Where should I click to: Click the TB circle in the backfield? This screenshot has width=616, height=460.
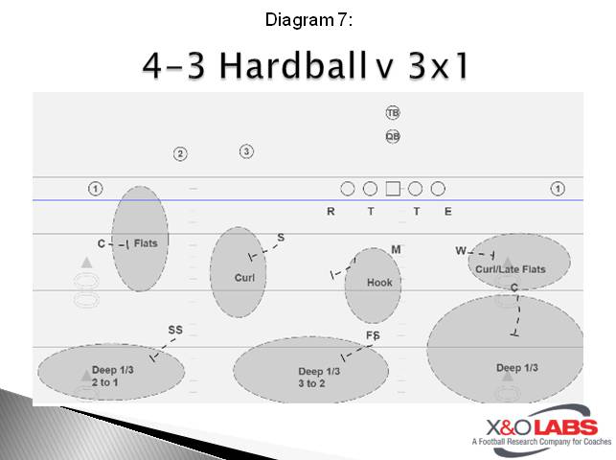pyautogui.click(x=393, y=113)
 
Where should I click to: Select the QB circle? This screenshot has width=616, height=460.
pyautogui.click(x=393, y=136)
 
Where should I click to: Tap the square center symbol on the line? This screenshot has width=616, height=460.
pyautogui.click(x=393, y=189)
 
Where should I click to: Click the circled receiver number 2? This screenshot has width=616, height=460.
pyautogui.click(x=180, y=154)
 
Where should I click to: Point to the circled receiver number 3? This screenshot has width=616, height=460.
pyautogui.click(x=246, y=151)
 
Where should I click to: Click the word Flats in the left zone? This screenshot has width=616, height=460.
pyautogui.click(x=146, y=243)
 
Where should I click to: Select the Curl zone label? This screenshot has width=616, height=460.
pyautogui.click(x=244, y=278)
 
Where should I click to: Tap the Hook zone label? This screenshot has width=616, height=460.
pyautogui.click(x=379, y=283)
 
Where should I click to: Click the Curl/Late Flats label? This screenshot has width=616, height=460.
pyautogui.click(x=510, y=269)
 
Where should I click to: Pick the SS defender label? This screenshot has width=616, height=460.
pyautogui.click(x=175, y=330)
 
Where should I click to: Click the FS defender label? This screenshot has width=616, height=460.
pyautogui.click(x=373, y=335)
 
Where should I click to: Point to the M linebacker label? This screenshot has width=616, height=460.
pyautogui.click(x=396, y=250)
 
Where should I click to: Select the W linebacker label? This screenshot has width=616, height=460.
pyautogui.click(x=461, y=251)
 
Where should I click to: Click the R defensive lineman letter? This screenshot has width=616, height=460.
pyautogui.click(x=331, y=212)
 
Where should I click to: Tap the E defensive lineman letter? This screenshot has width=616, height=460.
pyautogui.click(x=447, y=212)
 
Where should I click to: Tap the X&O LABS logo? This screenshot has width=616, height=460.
pyautogui.click(x=535, y=432)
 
